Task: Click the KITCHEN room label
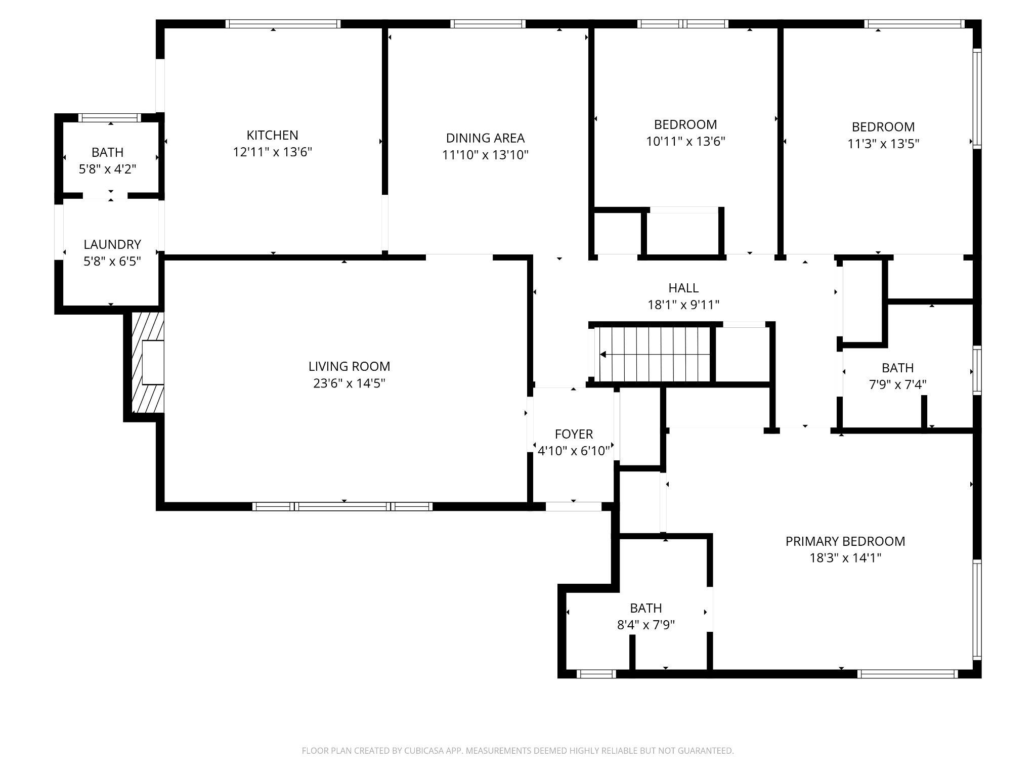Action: pos(272,135)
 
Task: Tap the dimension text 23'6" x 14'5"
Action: pos(349,383)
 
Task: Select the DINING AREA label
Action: pos(485,138)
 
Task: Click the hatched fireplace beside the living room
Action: pos(147,362)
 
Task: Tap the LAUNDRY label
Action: pos(112,244)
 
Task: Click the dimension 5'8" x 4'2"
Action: pos(107,169)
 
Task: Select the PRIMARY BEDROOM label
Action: pos(845,541)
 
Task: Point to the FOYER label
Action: pos(574,434)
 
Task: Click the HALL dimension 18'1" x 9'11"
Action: pos(683,305)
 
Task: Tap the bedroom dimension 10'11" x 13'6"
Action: pos(685,142)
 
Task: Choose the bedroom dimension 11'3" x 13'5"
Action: pos(883,144)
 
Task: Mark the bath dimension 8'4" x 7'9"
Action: pos(646,625)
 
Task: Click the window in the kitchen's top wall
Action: pos(283,24)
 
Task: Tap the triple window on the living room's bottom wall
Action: pos(342,506)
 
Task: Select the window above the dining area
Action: pos(488,24)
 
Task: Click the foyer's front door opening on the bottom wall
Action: pos(573,506)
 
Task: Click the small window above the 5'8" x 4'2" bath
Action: pos(110,118)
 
